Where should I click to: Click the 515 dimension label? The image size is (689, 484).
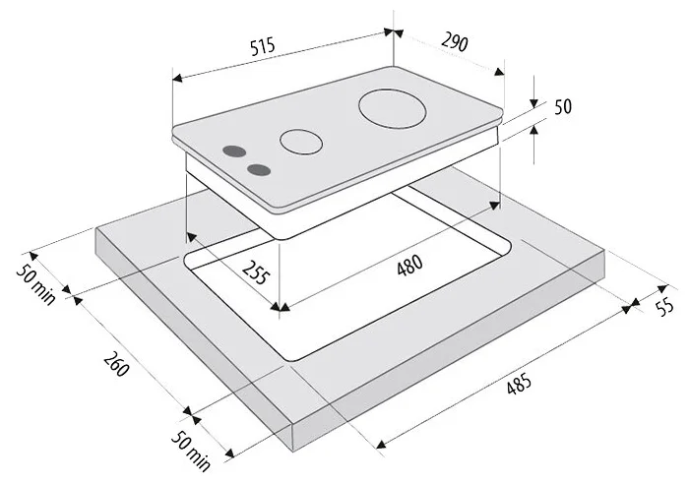pyautogui.click(x=263, y=46)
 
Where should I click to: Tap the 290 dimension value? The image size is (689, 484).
pyautogui.click(x=455, y=42)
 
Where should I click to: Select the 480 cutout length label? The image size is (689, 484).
pyautogui.click(x=409, y=265)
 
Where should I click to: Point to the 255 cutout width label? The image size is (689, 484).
pyautogui.click(x=255, y=272)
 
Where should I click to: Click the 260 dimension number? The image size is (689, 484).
pyautogui.click(x=116, y=364)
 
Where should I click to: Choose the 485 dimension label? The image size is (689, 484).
pyautogui.click(x=519, y=384)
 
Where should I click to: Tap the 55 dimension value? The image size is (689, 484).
pyautogui.click(x=665, y=306)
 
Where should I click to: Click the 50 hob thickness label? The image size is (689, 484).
pyautogui.click(x=563, y=106)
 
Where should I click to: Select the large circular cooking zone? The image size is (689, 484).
pyautogui.click(x=393, y=109)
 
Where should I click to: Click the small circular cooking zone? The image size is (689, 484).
pyautogui.click(x=301, y=142)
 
